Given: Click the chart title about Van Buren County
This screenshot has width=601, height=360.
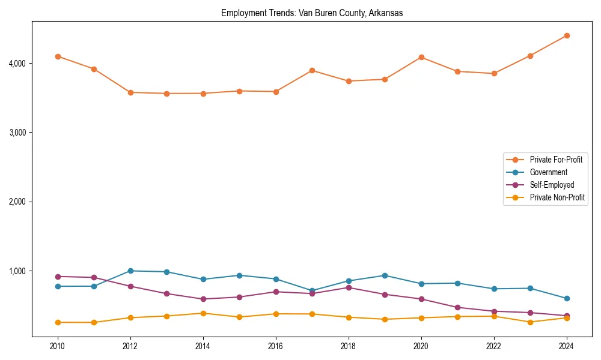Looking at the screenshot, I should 312,13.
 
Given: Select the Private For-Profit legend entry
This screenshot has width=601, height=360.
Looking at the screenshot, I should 556,160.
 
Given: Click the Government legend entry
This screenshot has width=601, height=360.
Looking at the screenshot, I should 548,172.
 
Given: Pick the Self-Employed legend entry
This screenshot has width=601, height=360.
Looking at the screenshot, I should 552,185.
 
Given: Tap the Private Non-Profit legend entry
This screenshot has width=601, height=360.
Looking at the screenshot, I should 557,197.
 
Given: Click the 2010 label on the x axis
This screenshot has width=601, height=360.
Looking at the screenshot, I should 58,346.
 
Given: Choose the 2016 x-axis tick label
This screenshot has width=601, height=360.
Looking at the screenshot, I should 276,346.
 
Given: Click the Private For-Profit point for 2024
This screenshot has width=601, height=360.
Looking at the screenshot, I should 567,35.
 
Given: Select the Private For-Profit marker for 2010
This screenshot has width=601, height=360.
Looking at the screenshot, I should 58,56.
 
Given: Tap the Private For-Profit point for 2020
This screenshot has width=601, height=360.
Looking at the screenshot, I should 421,57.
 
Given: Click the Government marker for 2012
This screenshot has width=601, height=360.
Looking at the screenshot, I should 130,271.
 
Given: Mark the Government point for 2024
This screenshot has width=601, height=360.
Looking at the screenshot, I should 567,298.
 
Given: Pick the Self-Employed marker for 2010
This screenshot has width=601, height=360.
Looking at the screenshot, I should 58,277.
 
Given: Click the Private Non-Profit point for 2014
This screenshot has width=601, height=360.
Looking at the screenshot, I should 203,313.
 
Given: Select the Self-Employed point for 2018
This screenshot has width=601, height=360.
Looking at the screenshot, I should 349,287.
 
